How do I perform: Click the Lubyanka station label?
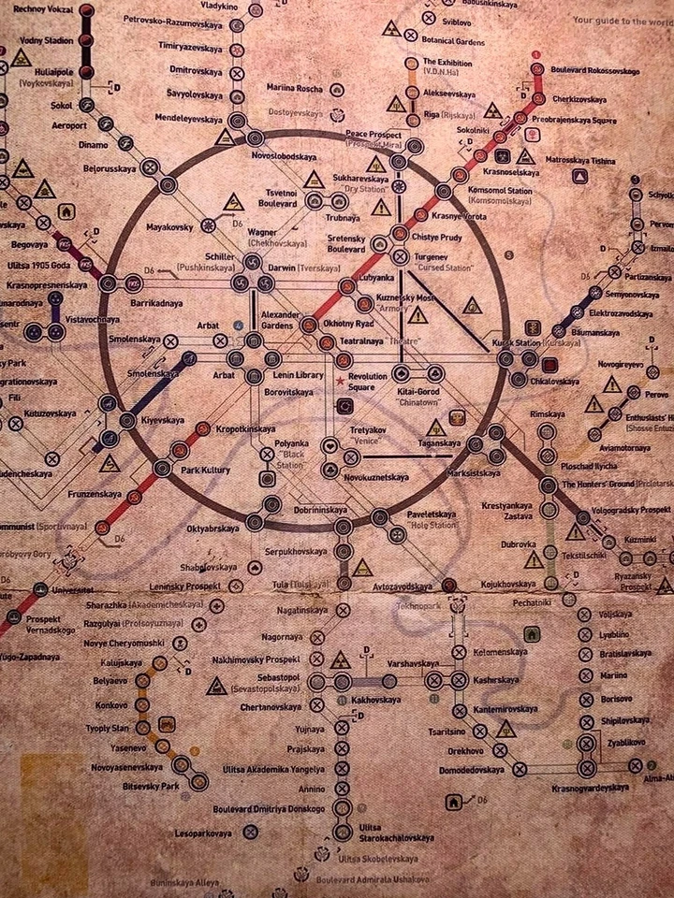pos(374,278)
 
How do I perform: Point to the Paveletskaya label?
pos(431,515)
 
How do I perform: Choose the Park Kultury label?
pos(204,470)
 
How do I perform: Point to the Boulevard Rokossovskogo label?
pos(593,72)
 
